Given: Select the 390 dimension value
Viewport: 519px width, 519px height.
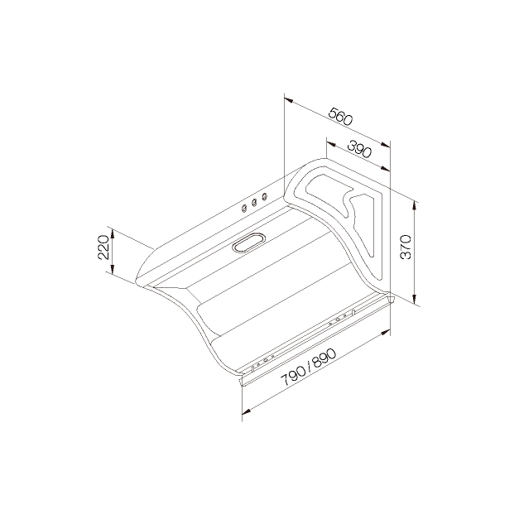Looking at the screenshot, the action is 359,149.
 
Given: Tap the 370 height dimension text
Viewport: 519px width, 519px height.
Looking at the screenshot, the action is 406,247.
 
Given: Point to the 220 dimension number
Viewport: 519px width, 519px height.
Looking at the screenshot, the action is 103,247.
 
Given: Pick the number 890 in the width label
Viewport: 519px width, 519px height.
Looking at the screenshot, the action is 324,358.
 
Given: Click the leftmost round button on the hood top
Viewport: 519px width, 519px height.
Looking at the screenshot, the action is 244,209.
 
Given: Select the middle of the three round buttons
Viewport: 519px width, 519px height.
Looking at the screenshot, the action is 254,203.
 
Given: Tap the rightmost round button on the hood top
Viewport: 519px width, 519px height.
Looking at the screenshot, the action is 264,197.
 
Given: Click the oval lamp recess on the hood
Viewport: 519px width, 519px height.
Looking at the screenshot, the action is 249,243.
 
